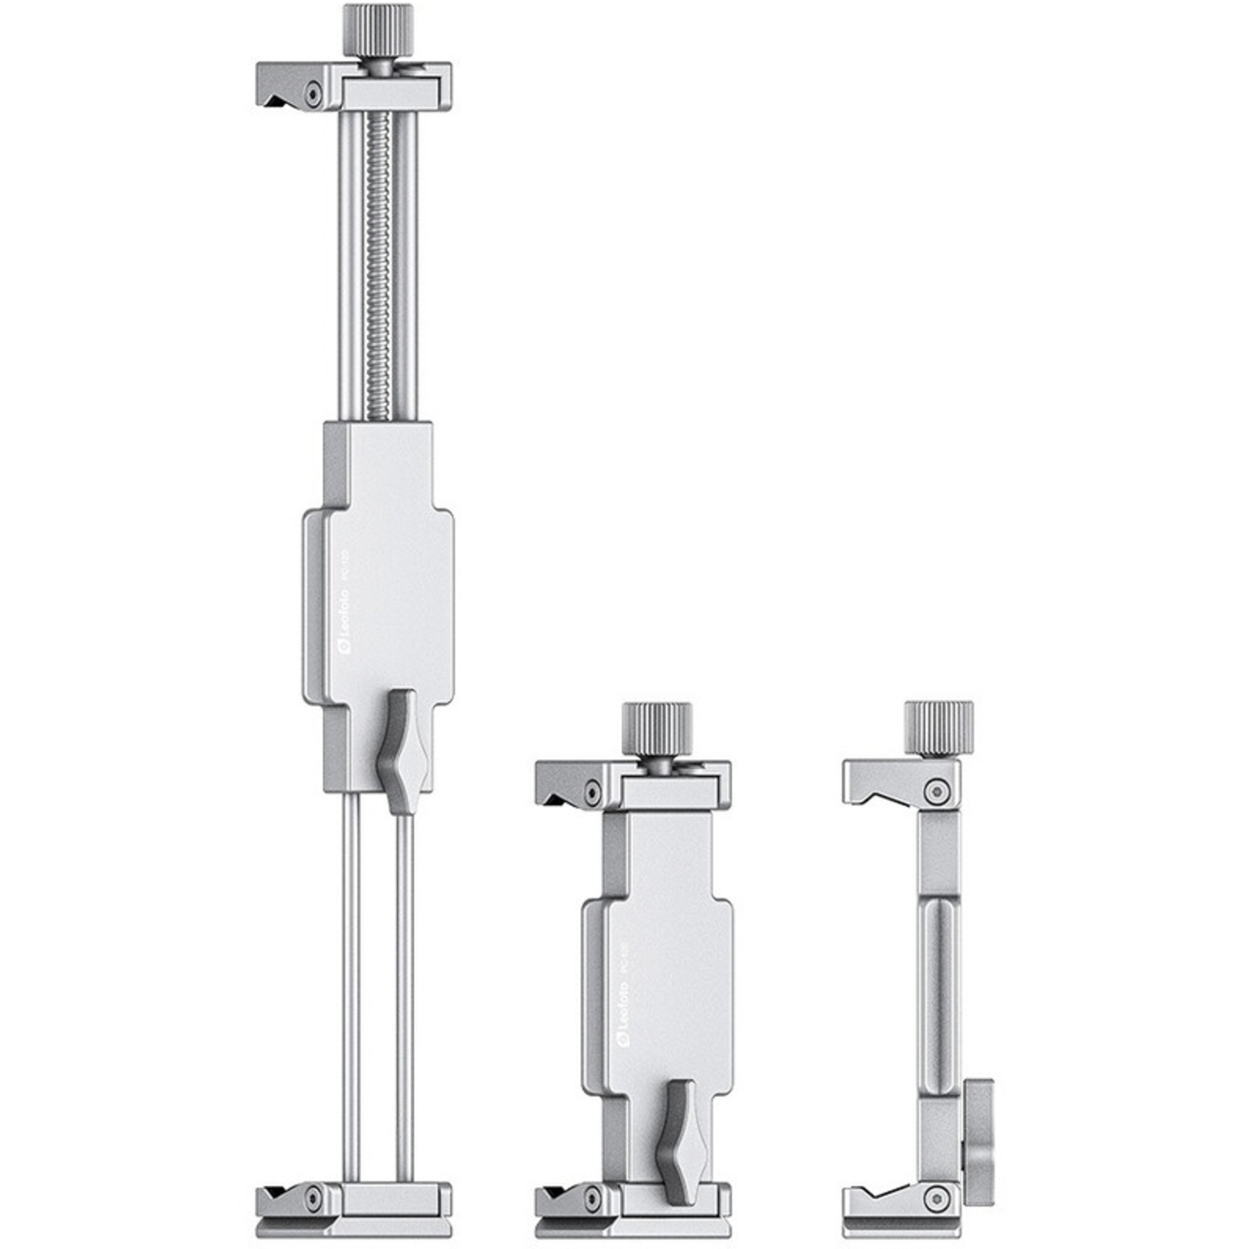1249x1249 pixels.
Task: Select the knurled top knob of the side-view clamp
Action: click(x=938, y=725)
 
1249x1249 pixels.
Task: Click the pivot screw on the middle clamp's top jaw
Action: click(x=591, y=791)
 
